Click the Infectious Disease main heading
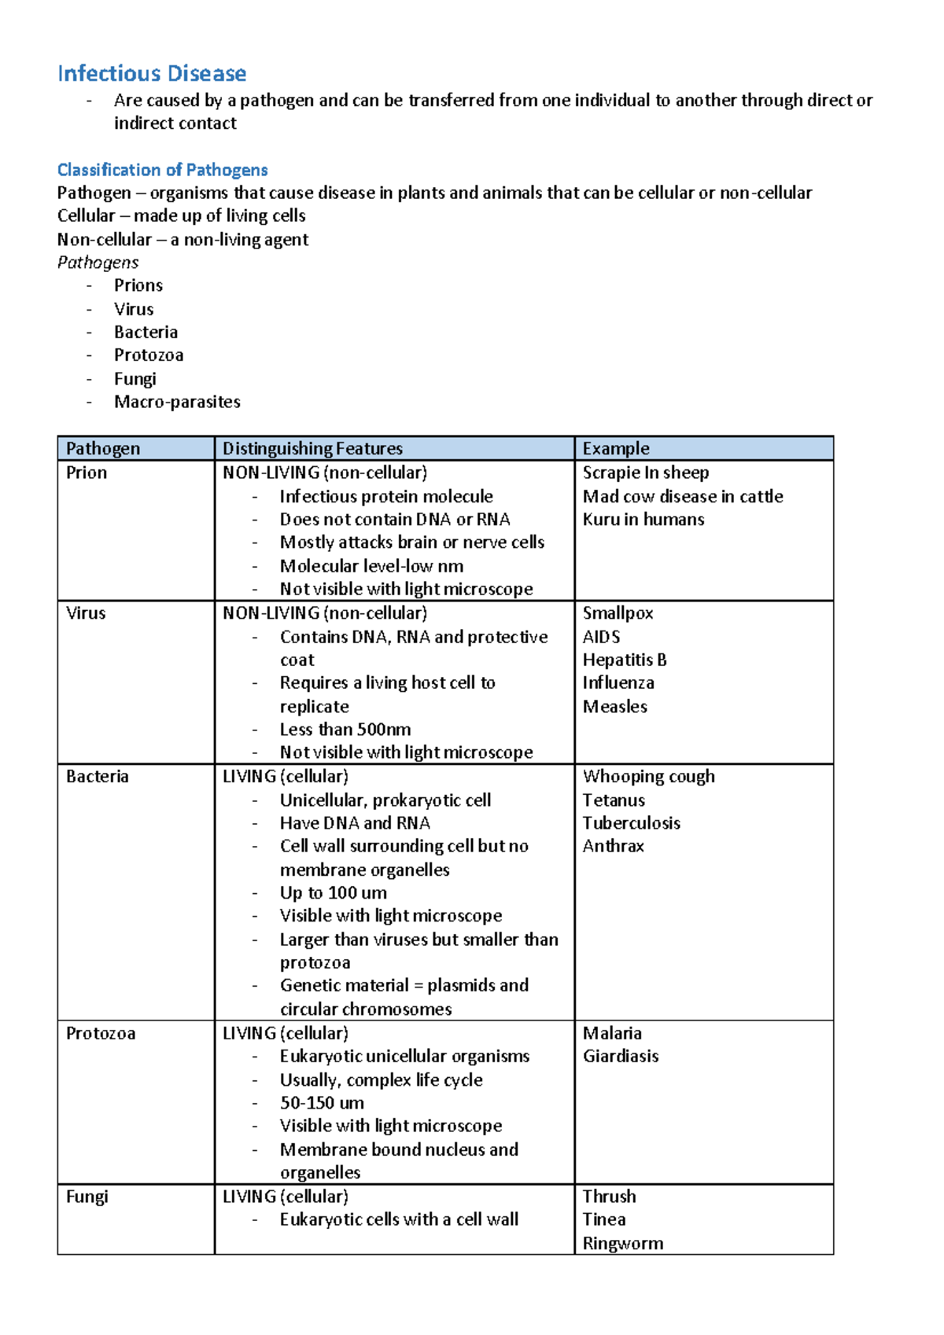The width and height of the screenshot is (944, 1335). (x=152, y=74)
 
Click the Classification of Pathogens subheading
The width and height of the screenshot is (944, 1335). (x=162, y=170)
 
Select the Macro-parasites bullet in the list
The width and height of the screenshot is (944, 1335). (x=177, y=402)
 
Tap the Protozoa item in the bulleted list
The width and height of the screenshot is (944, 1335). (x=149, y=355)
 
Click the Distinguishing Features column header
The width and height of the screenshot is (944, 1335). (x=312, y=449)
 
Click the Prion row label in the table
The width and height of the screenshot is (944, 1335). (x=87, y=473)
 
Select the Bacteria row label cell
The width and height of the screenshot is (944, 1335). (x=98, y=777)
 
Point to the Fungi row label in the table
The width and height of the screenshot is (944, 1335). (x=87, y=1197)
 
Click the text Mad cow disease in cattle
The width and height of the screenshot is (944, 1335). (x=683, y=497)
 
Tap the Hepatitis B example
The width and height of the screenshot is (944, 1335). (x=625, y=660)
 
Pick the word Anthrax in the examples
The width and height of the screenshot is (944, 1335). (x=614, y=846)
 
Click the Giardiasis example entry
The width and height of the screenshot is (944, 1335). (x=621, y=1056)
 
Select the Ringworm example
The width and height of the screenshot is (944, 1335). (x=623, y=1244)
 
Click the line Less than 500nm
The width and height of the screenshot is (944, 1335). (x=345, y=730)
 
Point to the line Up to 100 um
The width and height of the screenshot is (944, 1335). (x=334, y=893)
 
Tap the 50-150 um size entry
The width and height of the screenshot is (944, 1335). (x=322, y=1103)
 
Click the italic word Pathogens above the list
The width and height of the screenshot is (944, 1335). (x=98, y=263)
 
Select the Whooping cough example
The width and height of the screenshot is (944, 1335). (x=649, y=777)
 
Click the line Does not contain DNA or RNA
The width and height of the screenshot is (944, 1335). (x=395, y=520)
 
